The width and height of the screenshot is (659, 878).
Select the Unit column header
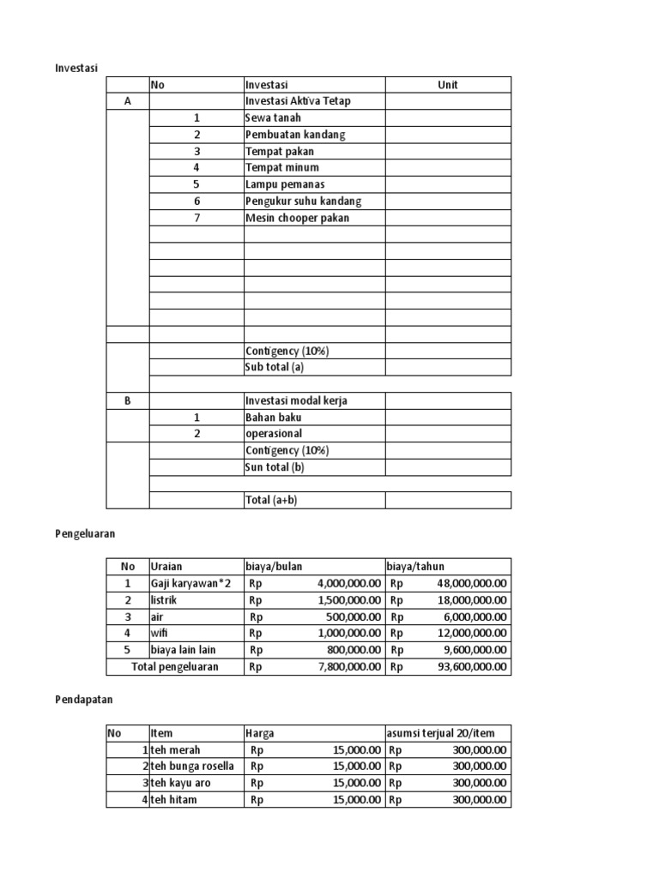[447, 85]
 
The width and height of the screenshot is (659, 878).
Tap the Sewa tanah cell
[273, 118]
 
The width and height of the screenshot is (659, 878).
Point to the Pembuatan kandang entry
[295, 135]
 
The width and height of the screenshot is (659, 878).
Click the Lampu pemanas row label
[285, 184]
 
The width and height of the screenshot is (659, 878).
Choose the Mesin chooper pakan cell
[297, 218]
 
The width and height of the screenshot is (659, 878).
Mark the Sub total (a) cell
[275, 367]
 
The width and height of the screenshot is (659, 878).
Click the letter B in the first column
[127, 400]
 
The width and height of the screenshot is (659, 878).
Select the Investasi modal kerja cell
[296, 400]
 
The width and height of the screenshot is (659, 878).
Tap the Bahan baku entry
[273, 418]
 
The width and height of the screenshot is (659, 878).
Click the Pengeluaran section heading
[85, 533]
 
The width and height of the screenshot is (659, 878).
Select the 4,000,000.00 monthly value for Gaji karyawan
[348, 583]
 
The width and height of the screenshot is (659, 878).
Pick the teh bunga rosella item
[190, 766]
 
